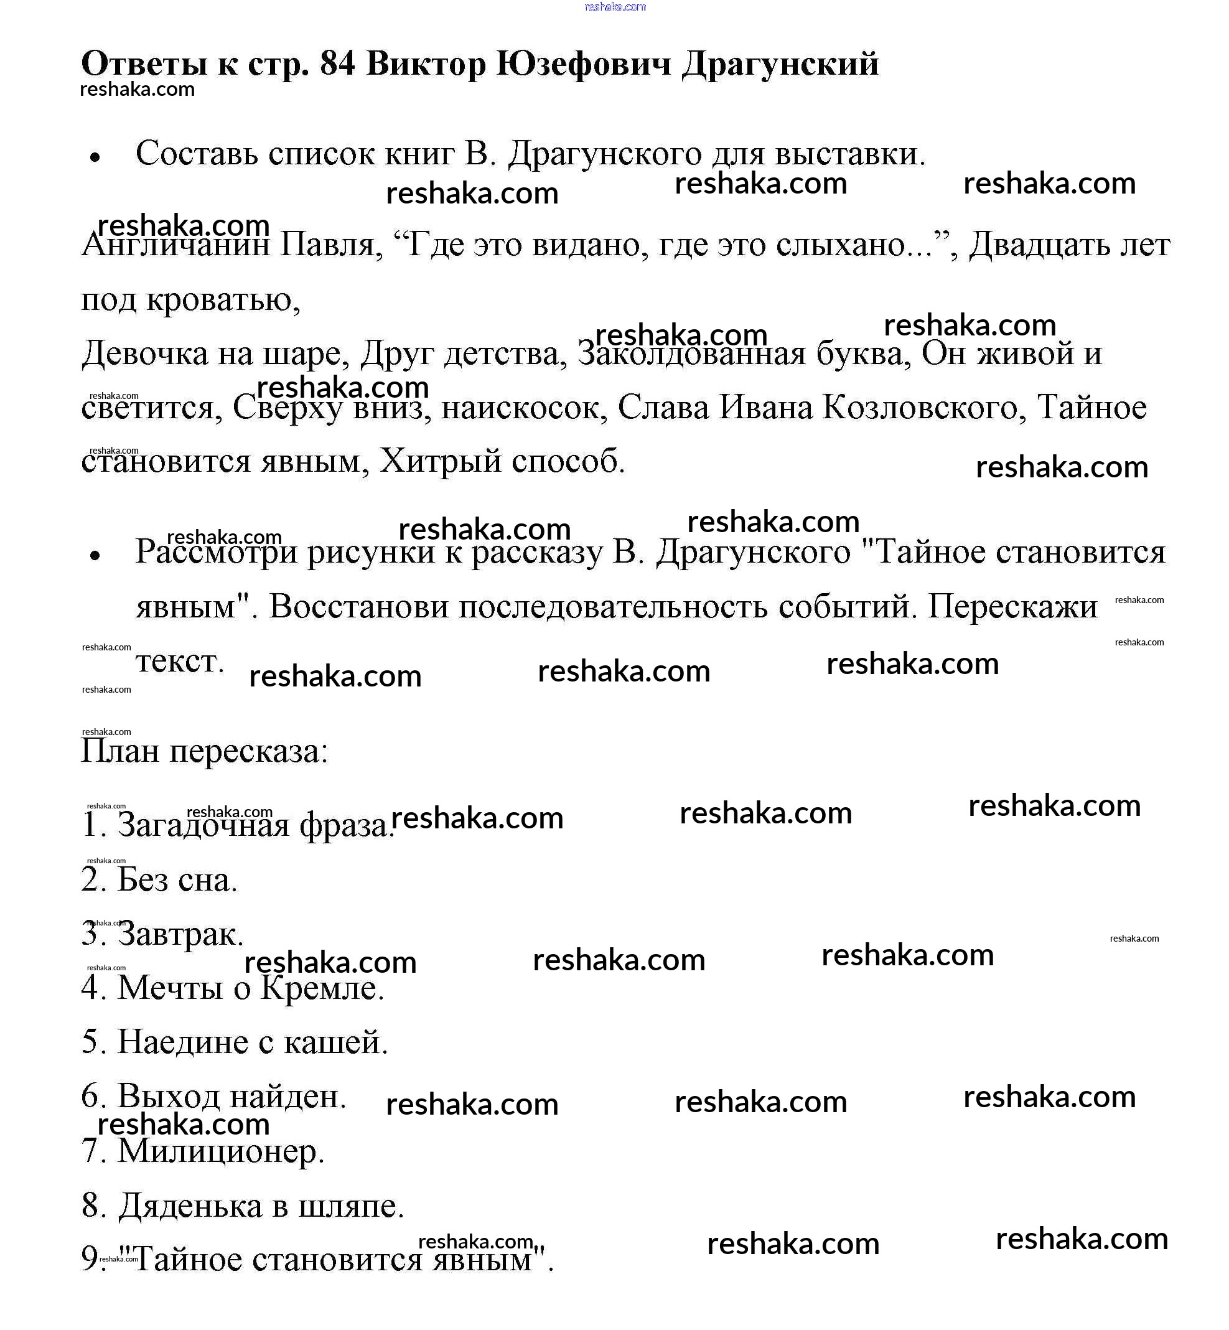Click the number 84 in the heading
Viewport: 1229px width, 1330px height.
[337, 65]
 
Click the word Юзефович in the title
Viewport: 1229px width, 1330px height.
[583, 65]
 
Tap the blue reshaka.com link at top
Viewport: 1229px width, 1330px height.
[615, 7]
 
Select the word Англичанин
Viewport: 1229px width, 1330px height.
[175, 245]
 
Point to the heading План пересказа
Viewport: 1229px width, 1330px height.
[204, 751]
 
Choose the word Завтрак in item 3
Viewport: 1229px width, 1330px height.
[180, 934]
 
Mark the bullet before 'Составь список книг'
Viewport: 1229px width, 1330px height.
[95, 157]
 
